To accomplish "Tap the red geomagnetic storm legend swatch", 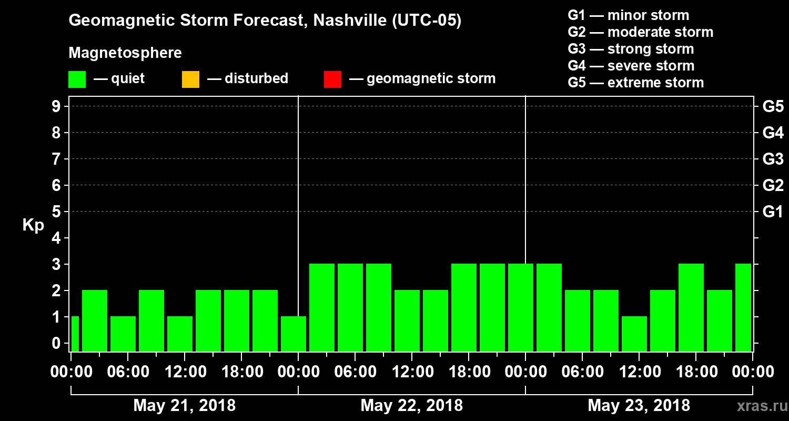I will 332,79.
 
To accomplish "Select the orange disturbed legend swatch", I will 190,79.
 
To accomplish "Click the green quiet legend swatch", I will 77,79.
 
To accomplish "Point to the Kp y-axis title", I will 33,225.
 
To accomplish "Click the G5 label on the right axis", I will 773,107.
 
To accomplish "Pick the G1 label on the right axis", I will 773,212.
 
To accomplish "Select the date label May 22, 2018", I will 412,406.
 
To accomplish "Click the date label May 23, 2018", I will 639,406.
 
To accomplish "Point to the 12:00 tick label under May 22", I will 412,372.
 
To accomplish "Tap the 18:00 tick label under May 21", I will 241,372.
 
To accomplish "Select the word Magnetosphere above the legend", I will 125,53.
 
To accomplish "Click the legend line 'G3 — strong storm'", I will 631,49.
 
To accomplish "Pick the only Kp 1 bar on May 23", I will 634,334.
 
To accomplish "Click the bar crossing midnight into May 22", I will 294,334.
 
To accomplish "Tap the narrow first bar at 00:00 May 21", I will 75,334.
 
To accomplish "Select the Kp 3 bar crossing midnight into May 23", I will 521,307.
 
